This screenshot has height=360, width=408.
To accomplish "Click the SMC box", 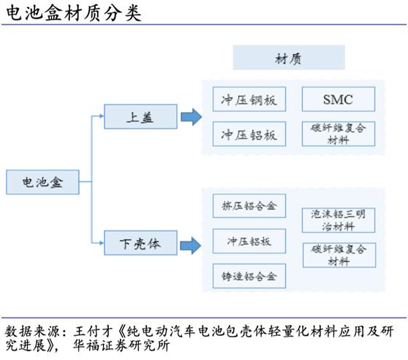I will pyautogui.click(x=338, y=99).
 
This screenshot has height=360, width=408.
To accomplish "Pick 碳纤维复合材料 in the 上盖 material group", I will pyautogui.click(x=338, y=133).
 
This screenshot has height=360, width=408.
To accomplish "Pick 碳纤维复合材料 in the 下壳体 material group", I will pyautogui.click(x=338, y=255).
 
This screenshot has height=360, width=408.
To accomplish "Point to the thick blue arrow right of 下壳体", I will pyautogui.click(x=191, y=244).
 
